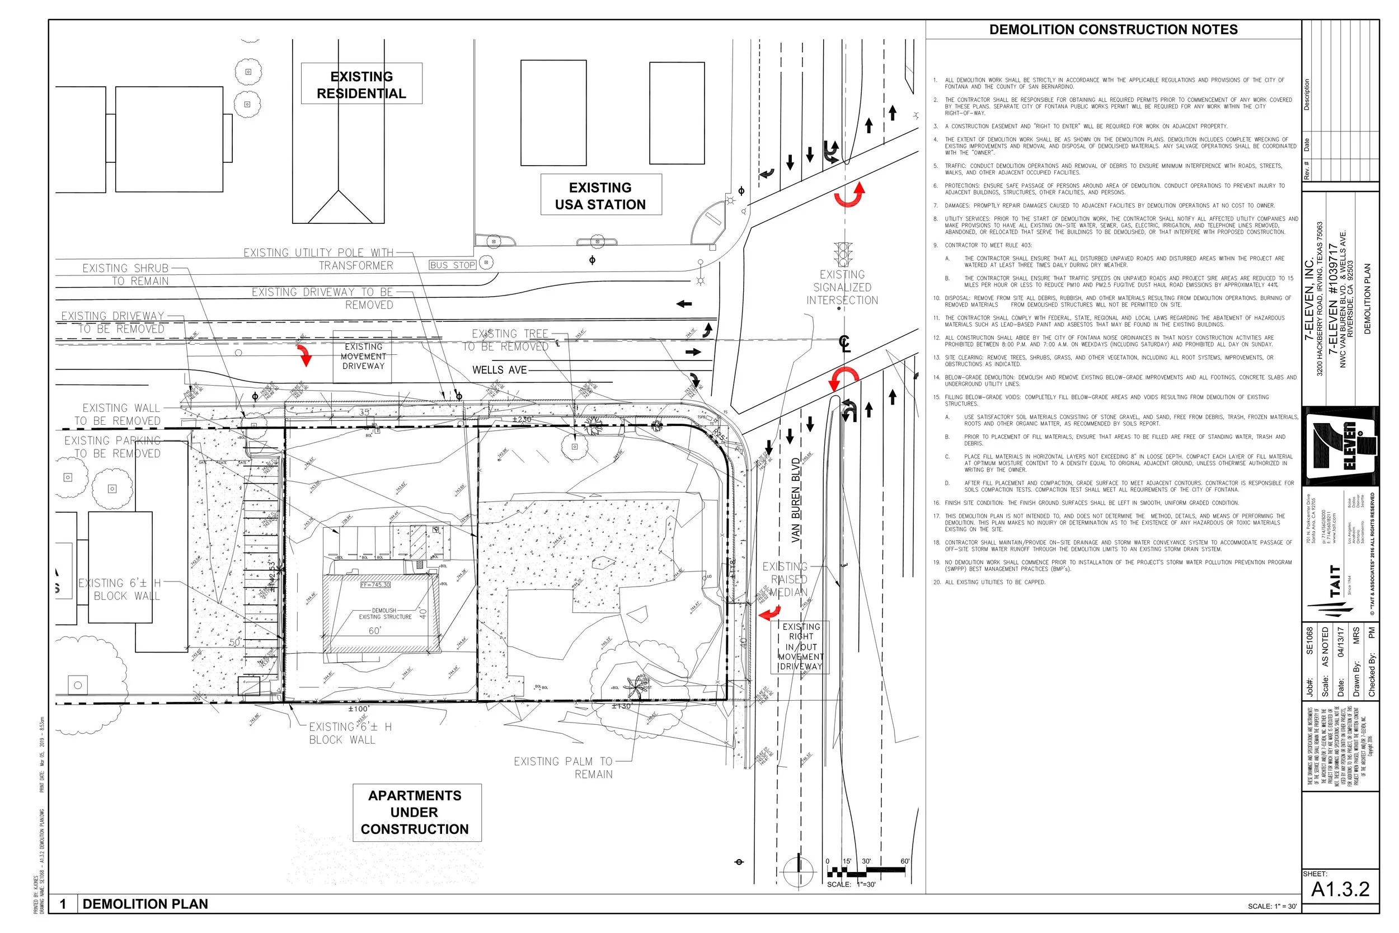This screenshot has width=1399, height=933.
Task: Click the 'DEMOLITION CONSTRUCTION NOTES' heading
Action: (1113, 30)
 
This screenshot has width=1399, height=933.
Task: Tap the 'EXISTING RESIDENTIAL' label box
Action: (362, 85)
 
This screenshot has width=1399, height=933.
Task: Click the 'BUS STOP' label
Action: (453, 265)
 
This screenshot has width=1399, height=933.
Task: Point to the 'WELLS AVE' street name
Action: (499, 370)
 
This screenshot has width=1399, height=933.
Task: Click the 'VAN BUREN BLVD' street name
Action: (796, 500)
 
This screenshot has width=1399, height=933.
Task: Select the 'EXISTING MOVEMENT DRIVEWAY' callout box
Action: (363, 356)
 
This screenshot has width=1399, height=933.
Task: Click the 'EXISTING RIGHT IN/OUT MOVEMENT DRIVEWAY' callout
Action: (801, 647)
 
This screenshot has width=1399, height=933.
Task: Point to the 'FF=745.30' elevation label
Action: (376, 585)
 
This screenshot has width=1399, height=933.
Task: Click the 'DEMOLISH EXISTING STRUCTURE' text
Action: (384, 613)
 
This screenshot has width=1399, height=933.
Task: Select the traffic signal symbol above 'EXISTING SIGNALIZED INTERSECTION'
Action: (842, 255)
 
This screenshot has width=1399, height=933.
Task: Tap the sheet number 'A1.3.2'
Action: (1340, 889)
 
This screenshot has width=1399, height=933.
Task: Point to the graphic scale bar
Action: (866, 871)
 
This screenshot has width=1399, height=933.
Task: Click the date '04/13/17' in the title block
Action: (1340, 642)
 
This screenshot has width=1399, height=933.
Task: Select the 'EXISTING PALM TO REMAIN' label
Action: (564, 767)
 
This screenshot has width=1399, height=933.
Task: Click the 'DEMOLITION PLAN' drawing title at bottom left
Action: (145, 904)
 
